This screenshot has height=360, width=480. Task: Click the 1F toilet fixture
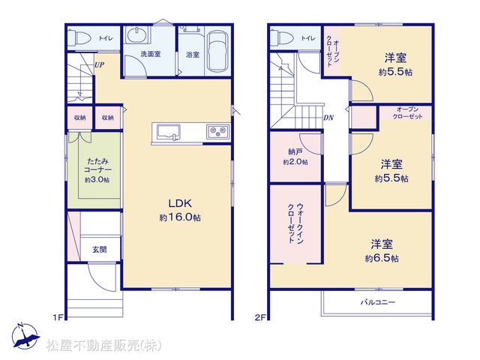tap(79, 38)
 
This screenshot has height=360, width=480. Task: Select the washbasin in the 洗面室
tap(137, 35)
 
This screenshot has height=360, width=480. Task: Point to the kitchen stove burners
tap(217, 132)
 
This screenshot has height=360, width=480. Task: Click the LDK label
tap(180, 203)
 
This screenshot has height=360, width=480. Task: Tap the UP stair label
tap(99, 64)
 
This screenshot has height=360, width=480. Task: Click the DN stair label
tap(328, 118)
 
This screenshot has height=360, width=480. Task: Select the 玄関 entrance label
tap(100, 250)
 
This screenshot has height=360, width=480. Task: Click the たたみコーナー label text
tap(97, 165)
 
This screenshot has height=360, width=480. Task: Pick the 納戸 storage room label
tap(295, 151)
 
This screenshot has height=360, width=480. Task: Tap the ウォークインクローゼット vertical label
tap(295, 223)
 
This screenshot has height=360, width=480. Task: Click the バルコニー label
tap(378, 302)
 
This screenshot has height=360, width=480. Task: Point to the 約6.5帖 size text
tap(382, 259)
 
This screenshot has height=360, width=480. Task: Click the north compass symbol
tap(25, 336)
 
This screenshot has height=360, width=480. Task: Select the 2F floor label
tap(260, 317)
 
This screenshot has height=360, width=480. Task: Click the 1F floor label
tap(58, 317)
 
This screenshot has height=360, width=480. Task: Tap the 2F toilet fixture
tap(282, 38)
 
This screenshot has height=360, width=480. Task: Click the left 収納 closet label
tap(80, 118)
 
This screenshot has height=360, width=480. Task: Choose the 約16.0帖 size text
tap(180, 217)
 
